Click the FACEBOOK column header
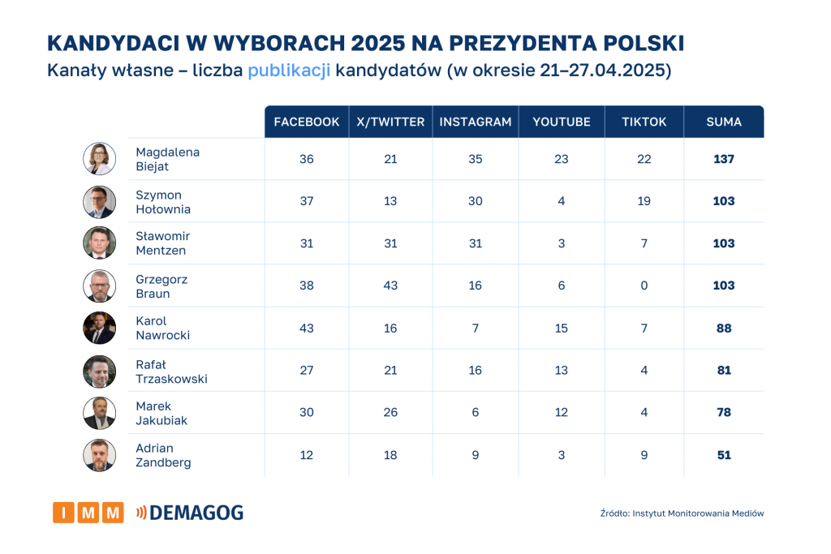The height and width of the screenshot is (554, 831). coord(307,122)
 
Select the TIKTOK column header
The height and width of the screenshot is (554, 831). coord(644,122)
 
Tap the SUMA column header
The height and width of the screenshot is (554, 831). coord(724,122)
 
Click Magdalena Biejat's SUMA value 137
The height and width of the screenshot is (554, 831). coord(724,159)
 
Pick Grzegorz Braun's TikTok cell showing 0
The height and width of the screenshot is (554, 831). coord(644,286)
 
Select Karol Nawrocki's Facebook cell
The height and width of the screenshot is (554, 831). coord(307,328)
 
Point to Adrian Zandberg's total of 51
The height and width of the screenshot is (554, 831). coord(724,455)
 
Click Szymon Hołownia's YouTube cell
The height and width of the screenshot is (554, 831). coord(562,201)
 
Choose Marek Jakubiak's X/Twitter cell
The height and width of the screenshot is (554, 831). coord(390,412)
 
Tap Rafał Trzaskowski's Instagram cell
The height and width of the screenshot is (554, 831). coord(476,370)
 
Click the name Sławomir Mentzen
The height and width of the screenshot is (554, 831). coord(163,243)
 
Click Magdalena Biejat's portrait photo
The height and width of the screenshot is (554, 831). coord(100,159)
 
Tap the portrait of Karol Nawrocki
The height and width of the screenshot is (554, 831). coord(100,328)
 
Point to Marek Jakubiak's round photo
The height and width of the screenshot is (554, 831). coord(100,413)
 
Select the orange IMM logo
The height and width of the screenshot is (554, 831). coord(88,513)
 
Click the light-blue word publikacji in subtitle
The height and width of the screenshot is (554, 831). coord(289,71)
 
